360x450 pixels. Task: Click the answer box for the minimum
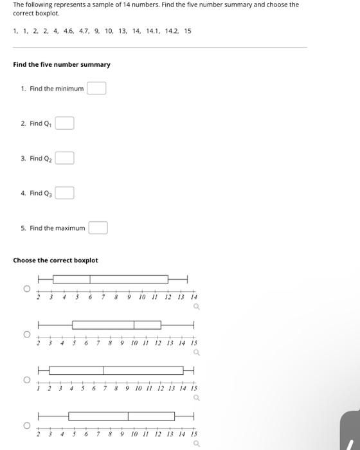point(96,88)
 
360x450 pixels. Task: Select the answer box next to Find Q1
point(64,123)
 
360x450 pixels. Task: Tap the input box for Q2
point(64,158)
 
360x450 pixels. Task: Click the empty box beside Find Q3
point(64,193)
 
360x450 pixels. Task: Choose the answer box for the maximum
point(98,228)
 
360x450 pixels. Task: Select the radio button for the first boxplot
point(27,289)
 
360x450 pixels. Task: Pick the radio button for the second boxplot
point(27,334)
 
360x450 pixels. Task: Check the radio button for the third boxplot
point(27,380)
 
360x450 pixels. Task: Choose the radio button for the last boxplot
point(27,425)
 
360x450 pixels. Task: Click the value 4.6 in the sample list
point(68,31)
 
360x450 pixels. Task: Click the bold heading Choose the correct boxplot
point(56,260)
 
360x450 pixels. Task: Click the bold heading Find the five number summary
point(62,64)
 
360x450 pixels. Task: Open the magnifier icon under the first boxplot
point(196,307)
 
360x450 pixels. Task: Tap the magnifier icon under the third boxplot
point(196,398)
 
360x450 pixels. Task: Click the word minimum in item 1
point(70,89)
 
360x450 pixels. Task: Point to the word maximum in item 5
point(71,228)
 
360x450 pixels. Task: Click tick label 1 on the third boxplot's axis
point(39,388)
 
